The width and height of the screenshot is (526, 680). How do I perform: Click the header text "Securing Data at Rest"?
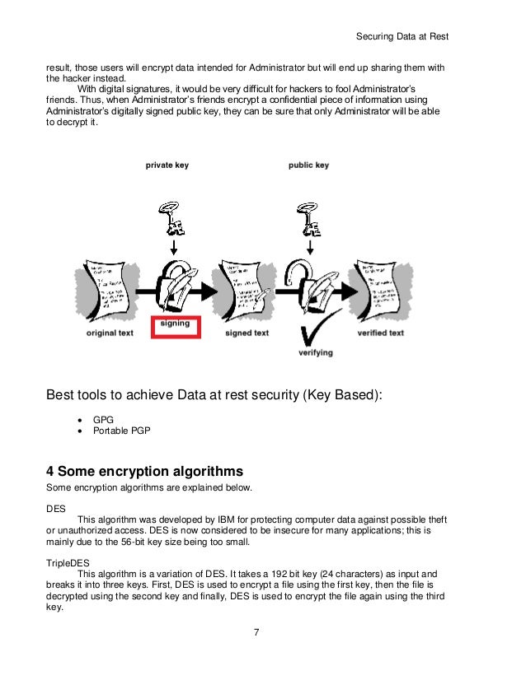(402, 37)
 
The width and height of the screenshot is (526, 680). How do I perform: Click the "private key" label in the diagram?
(167, 165)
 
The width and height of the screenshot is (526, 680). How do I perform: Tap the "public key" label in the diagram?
(308, 165)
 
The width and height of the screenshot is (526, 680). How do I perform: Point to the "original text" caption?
(110, 333)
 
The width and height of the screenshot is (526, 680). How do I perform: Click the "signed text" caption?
(247, 333)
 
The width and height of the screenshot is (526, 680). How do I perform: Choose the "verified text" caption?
(380, 333)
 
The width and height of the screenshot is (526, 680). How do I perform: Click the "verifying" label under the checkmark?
(316, 352)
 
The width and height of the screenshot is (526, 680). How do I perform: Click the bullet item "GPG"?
(103, 419)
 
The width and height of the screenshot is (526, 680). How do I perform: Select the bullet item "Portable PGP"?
(120, 431)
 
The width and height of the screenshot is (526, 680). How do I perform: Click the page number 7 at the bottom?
(257, 632)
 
